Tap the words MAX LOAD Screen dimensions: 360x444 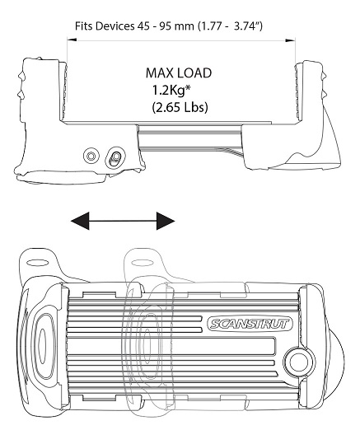click(179, 73)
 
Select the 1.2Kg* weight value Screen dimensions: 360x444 click(171, 91)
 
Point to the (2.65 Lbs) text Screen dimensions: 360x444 click(180, 108)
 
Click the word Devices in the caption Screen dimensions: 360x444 click(115, 26)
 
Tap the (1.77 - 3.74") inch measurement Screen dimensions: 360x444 click(230, 26)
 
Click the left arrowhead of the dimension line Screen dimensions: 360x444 click(72, 40)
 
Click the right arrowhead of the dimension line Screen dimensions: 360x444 click(290, 40)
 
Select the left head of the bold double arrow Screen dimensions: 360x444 click(80, 221)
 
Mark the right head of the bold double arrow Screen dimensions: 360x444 click(166, 221)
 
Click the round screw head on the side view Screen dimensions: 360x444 click(91, 156)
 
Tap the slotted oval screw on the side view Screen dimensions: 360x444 click(115, 157)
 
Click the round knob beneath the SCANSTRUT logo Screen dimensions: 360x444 click(300, 362)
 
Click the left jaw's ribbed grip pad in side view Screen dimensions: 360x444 click(64, 89)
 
